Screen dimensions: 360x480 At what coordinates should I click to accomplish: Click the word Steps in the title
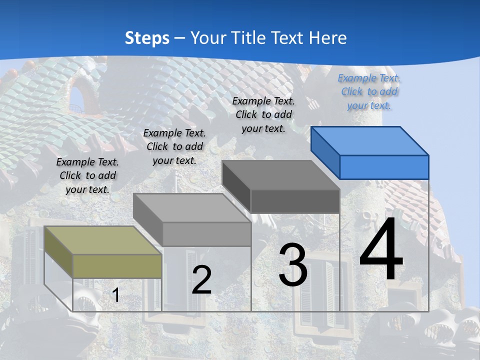coord(147,38)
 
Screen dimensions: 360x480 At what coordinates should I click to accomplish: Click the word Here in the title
coord(327,38)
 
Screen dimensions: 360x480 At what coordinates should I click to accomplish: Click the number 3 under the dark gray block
coord(293,265)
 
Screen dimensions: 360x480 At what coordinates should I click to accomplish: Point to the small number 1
coord(115,295)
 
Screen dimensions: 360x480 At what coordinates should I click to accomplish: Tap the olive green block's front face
coord(117,265)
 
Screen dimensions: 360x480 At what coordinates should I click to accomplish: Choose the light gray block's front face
coord(206,234)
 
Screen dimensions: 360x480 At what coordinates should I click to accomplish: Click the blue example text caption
coord(369,91)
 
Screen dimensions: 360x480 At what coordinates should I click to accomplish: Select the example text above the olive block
coord(87,175)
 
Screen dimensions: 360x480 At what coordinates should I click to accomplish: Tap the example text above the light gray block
coord(174,146)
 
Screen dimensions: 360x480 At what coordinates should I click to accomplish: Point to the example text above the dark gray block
coord(263,114)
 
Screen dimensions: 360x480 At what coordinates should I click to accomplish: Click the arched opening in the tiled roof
coord(77,97)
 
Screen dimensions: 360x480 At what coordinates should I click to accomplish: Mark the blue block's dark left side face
coord(325,152)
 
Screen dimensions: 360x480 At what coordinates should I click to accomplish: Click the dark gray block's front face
coord(295,201)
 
